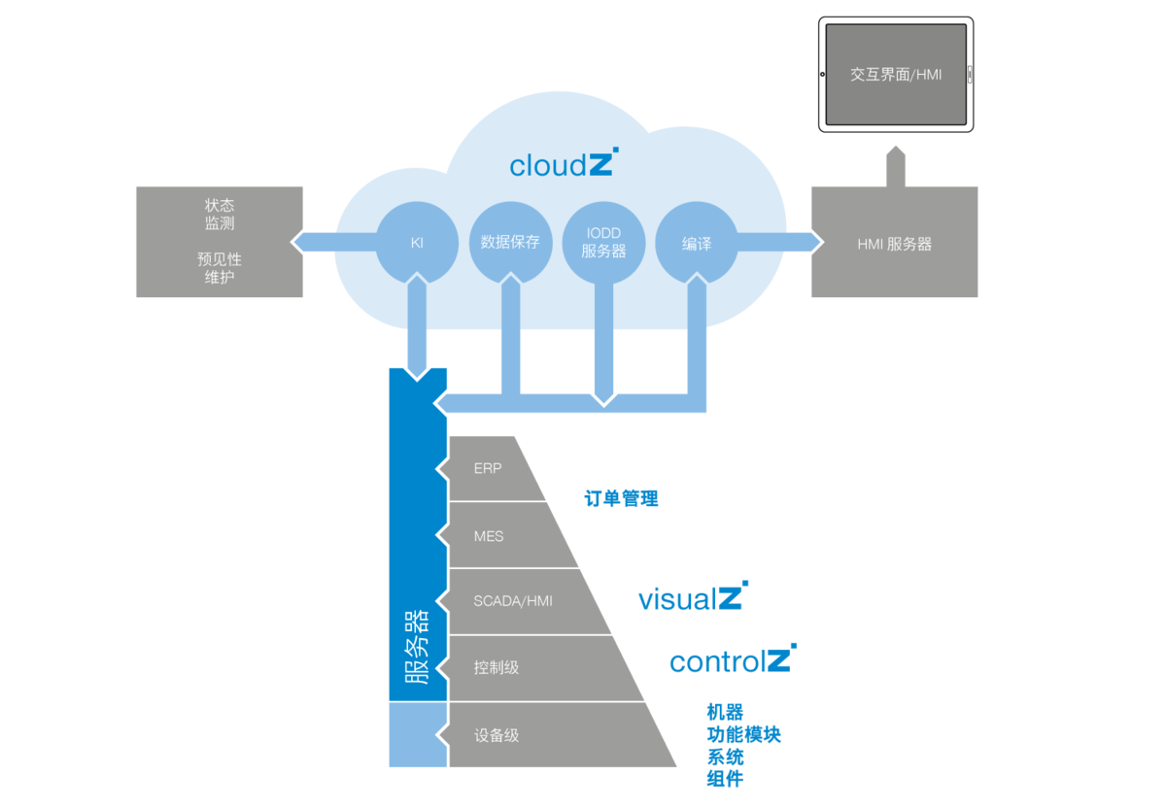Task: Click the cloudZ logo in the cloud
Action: [564, 163]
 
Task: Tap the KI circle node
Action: [417, 243]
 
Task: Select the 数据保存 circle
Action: [510, 243]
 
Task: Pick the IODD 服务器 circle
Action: [603, 243]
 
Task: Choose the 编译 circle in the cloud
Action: [697, 243]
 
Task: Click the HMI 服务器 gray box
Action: [894, 242]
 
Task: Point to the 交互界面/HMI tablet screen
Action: [896, 75]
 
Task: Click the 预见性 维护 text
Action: [220, 268]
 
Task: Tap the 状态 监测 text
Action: [220, 214]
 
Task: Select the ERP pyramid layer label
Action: [488, 469]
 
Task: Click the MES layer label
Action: [489, 536]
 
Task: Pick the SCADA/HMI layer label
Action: [513, 601]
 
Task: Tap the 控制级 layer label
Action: [497, 667]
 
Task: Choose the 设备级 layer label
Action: [497, 735]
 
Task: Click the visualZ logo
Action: [694, 596]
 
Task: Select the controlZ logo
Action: [733, 658]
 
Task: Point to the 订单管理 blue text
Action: [621, 498]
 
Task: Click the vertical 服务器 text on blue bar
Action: [417, 647]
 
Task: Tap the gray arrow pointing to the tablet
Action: [895, 166]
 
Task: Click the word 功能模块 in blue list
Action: [744, 734]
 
